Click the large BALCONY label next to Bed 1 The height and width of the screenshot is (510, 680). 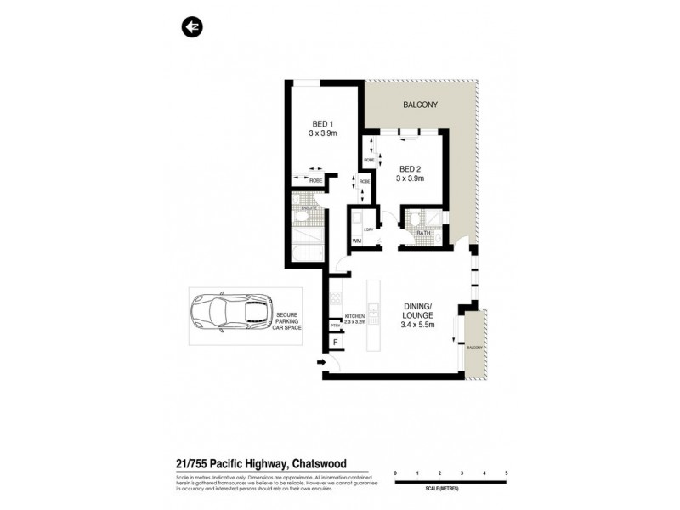tap(420, 105)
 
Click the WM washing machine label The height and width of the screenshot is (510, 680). tap(355, 241)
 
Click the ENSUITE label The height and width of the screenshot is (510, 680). tap(307, 207)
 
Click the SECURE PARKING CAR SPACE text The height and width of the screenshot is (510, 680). tap(292, 320)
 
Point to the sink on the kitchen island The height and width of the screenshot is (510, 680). tap(373, 310)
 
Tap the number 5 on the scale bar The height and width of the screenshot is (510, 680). tap(507, 472)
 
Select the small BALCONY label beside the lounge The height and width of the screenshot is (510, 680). tap(475, 348)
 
